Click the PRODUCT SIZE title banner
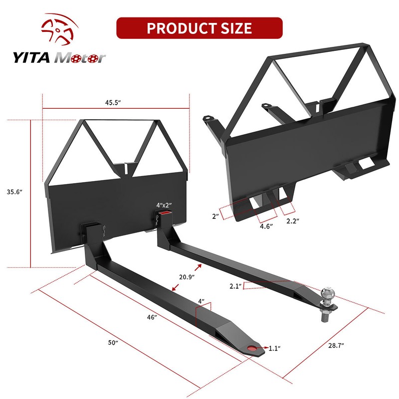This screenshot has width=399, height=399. pos(199,28)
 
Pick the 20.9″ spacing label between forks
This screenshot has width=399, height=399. pos(186,276)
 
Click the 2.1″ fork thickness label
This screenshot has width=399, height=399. pos(235,286)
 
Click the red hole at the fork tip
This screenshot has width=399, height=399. pos(253,349)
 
